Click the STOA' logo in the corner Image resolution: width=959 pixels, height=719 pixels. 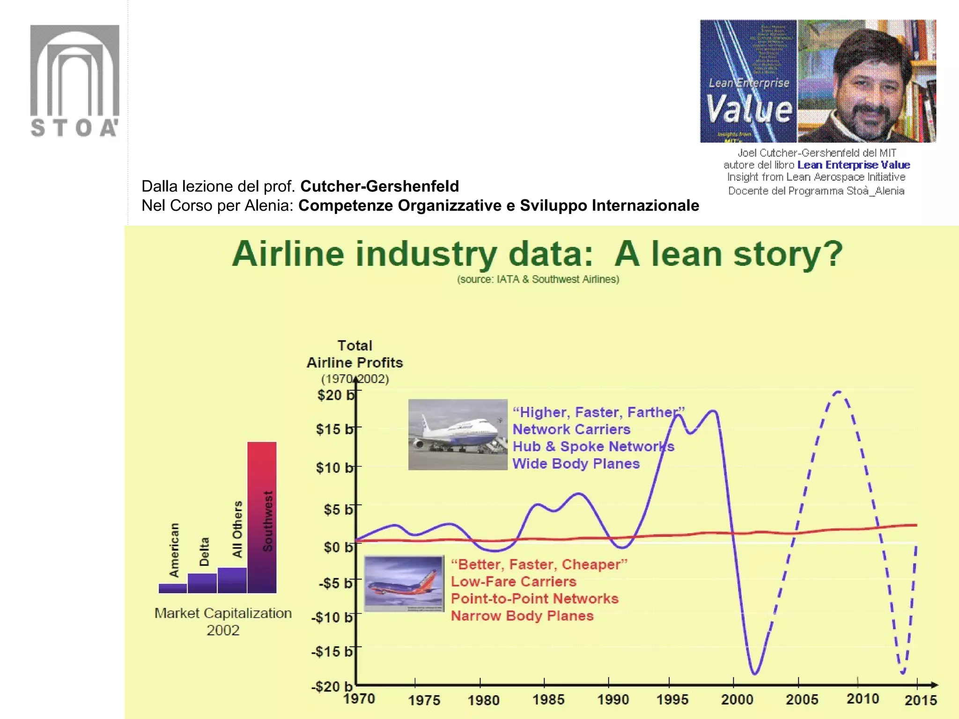click(74, 81)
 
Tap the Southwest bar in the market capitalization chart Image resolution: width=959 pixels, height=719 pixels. click(262, 517)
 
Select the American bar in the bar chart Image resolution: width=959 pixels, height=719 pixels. click(173, 588)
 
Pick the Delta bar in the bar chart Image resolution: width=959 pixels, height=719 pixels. click(202, 583)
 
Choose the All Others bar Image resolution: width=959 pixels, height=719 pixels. click(232, 580)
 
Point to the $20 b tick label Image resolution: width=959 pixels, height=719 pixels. click(335, 395)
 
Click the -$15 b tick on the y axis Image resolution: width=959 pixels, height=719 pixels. click(332, 651)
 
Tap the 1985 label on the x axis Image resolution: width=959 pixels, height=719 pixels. click(548, 700)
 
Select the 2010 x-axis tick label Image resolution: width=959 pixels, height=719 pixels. click(863, 699)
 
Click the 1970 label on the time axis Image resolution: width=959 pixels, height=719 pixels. click(359, 699)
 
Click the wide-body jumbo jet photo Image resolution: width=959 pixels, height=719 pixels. click(457, 434)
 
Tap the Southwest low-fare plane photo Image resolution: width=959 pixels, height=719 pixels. click(404, 583)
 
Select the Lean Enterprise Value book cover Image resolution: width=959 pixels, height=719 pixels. click(748, 81)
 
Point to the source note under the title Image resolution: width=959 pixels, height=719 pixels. click(538, 279)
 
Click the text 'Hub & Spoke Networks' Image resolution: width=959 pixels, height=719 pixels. click(593, 447)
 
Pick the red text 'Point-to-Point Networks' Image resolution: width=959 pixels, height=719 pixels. click(534, 599)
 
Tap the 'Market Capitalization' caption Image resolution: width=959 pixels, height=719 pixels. click(223, 613)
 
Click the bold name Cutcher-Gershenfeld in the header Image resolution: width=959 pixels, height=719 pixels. click(379, 186)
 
